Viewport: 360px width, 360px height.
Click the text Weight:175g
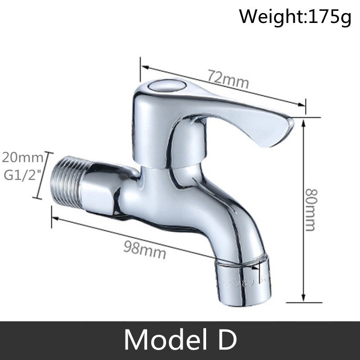(x=294, y=18)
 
